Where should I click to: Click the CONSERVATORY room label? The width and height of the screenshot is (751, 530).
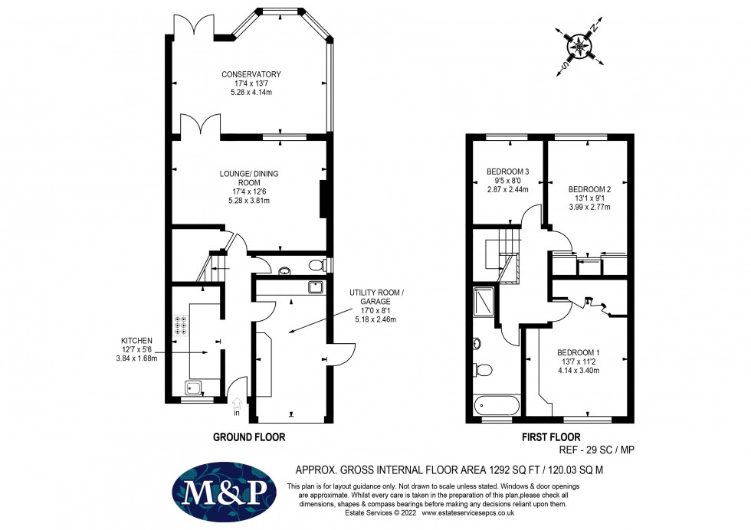[x=251, y=74]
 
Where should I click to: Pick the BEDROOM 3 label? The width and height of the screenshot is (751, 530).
[x=508, y=171]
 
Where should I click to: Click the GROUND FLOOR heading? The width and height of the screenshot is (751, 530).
[x=248, y=437]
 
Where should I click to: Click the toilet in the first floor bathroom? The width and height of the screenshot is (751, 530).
[x=483, y=370]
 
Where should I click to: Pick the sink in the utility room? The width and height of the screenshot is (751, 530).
[x=315, y=287]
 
